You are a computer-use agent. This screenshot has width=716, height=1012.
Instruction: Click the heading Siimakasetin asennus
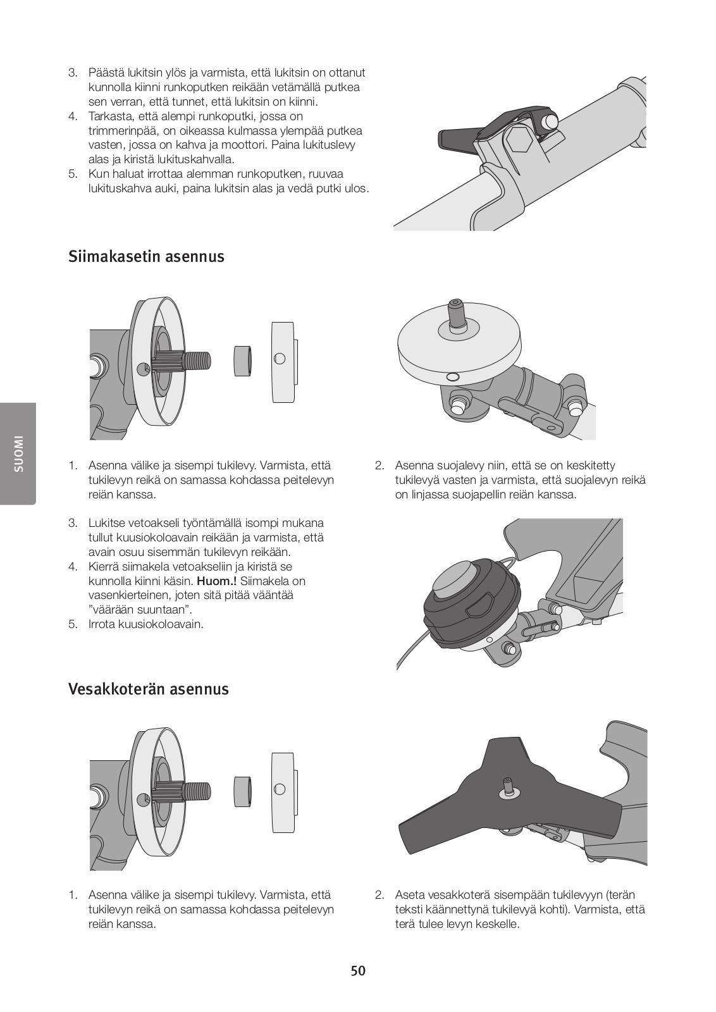(x=145, y=257)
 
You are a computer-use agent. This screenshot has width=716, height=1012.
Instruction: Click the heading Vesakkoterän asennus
(x=148, y=689)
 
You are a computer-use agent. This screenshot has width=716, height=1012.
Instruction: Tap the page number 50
(x=358, y=971)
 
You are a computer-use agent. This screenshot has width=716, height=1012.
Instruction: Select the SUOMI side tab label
(x=18, y=454)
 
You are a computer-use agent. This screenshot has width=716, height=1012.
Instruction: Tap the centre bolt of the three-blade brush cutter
(x=507, y=786)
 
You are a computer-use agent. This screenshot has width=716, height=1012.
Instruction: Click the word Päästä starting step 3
(x=106, y=73)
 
